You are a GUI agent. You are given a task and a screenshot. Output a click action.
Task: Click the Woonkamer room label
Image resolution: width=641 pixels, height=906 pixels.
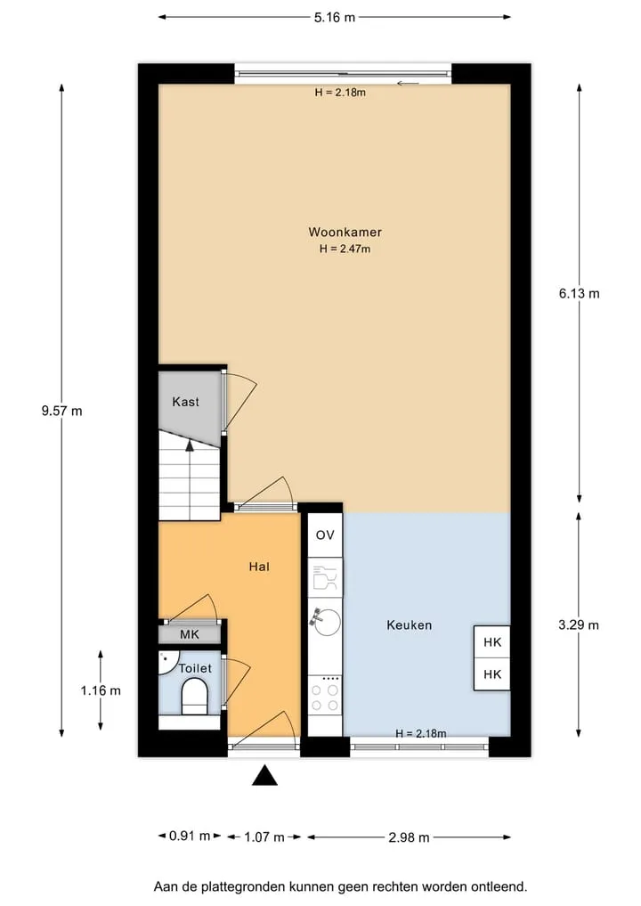[345, 233]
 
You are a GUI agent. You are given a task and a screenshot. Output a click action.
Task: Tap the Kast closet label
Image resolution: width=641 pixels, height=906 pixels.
[185, 402]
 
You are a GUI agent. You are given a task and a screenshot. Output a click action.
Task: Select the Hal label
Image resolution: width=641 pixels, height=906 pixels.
[259, 567]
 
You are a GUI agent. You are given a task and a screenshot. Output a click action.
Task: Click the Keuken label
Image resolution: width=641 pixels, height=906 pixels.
[410, 625]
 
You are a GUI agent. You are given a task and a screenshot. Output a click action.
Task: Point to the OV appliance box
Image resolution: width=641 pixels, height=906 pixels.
[325, 535]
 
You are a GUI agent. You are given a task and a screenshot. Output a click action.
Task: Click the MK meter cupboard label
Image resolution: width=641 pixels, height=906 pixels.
[190, 634]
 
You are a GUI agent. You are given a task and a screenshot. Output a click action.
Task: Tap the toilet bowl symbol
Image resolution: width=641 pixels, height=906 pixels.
[195, 698]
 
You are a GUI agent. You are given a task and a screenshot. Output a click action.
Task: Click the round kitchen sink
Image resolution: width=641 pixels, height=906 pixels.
[328, 622]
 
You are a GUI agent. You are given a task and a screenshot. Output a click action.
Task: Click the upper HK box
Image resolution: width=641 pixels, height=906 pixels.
[492, 642]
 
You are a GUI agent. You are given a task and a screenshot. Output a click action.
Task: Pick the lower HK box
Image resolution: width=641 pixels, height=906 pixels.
[492, 674]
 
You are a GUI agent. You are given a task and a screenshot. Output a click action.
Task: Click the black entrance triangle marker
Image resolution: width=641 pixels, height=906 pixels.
[264, 775]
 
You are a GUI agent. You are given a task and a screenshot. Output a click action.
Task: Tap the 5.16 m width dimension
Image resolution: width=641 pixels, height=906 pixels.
[335, 17]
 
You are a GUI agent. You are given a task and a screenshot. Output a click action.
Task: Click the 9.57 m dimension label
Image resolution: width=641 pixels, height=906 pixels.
[61, 411]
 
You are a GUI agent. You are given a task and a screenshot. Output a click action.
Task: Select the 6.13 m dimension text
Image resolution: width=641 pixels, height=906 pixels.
[580, 293]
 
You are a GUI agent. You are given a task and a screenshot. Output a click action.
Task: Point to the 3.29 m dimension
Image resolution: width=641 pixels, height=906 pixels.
[579, 624]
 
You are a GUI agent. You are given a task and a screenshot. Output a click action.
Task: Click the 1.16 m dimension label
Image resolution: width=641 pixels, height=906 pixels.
[101, 690]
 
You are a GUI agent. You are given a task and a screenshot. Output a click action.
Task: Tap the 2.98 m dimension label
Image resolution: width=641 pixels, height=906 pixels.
[409, 837]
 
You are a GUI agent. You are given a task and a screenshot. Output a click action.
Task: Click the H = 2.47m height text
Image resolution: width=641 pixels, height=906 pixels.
[345, 249]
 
